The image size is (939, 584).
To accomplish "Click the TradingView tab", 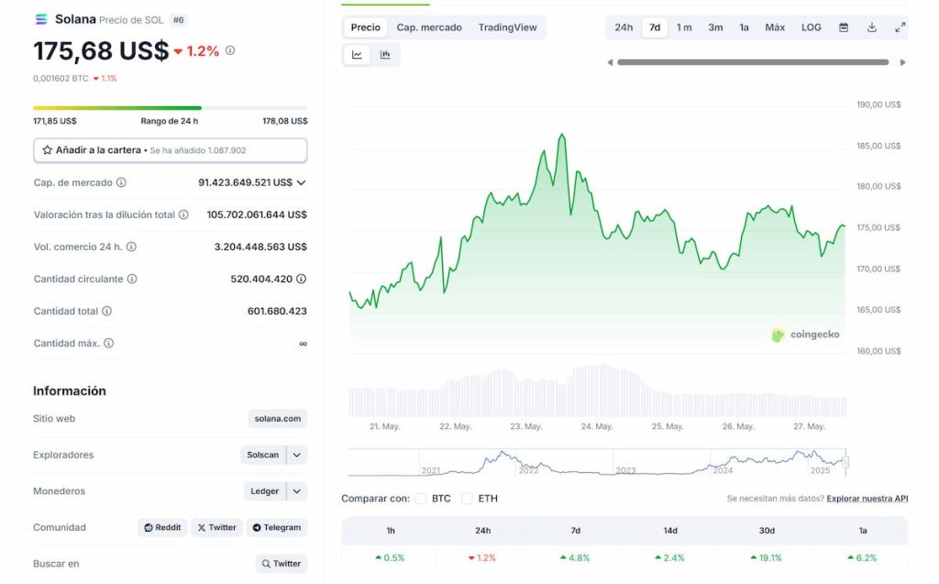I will pyautogui.click(x=507, y=28).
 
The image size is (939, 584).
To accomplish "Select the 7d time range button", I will pyautogui.click(x=655, y=28).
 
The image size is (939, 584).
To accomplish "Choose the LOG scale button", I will pyautogui.click(x=812, y=28).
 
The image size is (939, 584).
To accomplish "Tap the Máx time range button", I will pyautogui.click(x=775, y=28).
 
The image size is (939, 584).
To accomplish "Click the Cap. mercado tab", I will pyautogui.click(x=429, y=28).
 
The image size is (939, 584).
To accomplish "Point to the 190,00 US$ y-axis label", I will pyautogui.click(x=878, y=105).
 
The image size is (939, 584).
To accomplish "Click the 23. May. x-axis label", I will pyautogui.click(x=526, y=426).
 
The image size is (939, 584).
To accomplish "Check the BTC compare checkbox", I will pyautogui.click(x=421, y=499).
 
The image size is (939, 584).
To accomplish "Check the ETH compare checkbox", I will pyautogui.click(x=467, y=499).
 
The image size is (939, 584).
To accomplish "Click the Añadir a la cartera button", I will pyautogui.click(x=170, y=149).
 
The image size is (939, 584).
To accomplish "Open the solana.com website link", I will pyautogui.click(x=277, y=419).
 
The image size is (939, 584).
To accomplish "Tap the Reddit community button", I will pyautogui.click(x=162, y=527).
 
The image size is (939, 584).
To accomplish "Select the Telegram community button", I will pyautogui.click(x=276, y=527).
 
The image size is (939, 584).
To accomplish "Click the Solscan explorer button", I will pyautogui.click(x=263, y=455).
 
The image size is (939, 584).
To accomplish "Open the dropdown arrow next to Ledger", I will pyautogui.click(x=297, y=491).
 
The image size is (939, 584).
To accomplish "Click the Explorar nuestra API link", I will pyautogui.click(x=867, y=499).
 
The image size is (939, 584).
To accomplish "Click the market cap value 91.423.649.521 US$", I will pyautogui.click(x=245, y=182).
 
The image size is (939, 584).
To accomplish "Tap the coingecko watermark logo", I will pyautogui.click(x=805, y=335).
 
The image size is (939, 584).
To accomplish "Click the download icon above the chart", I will pyautogui.click(x=871, y=28).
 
